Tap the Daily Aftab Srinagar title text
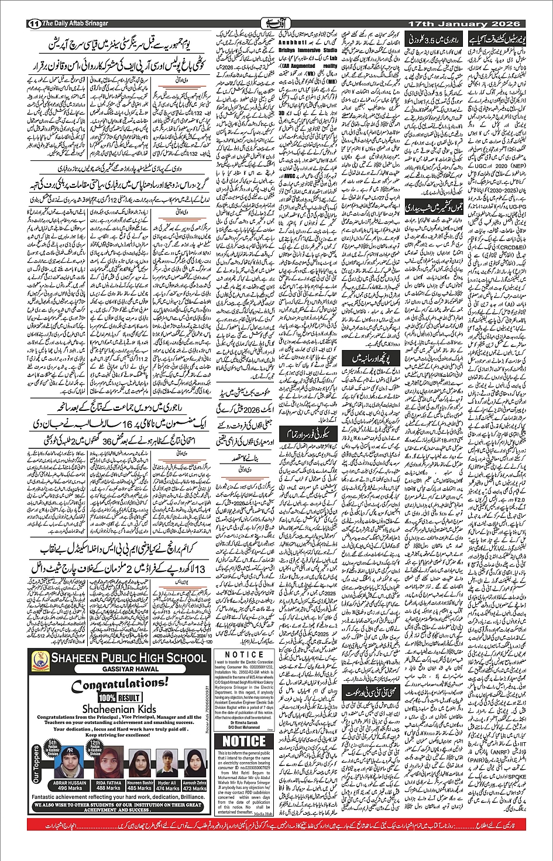pyautogui.click(x=75, y=23)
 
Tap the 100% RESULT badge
pyautogui.click(x=119, y=698)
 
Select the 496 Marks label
pyautogui.click(x=70, y=788)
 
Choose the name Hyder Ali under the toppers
pyautogui.click(x=167, y=783)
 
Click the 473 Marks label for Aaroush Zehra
pyautogui.click(x=195, y=788)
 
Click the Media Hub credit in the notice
pyautogui.click(x=263, y=814)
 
